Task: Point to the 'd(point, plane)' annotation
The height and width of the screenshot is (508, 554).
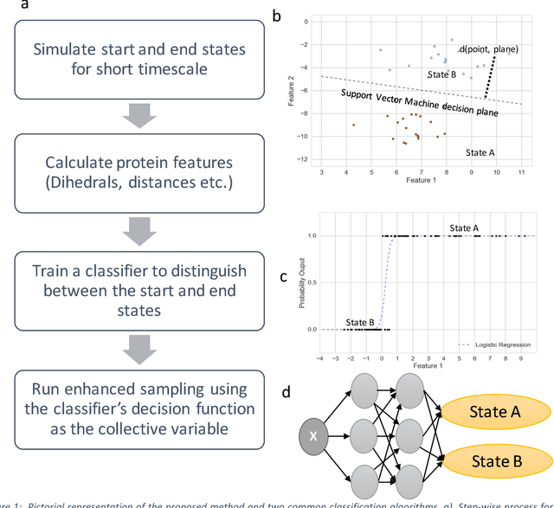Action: [x=489, y=49]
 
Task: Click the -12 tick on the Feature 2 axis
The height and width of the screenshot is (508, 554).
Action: [x=304, y=159]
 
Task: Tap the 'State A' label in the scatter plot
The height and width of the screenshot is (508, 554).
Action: [x=480, y=152]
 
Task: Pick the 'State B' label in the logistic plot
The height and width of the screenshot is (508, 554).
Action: [x=361, y=323]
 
